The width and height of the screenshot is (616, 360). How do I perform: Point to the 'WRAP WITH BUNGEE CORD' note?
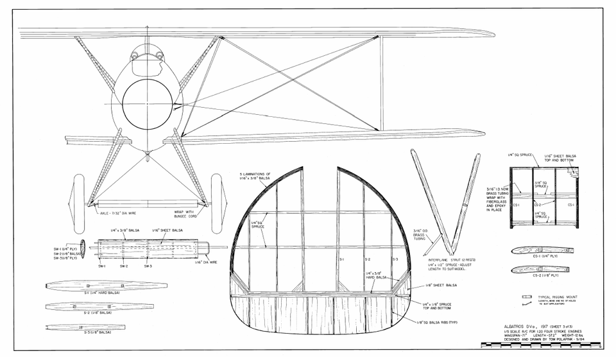[184, 213]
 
